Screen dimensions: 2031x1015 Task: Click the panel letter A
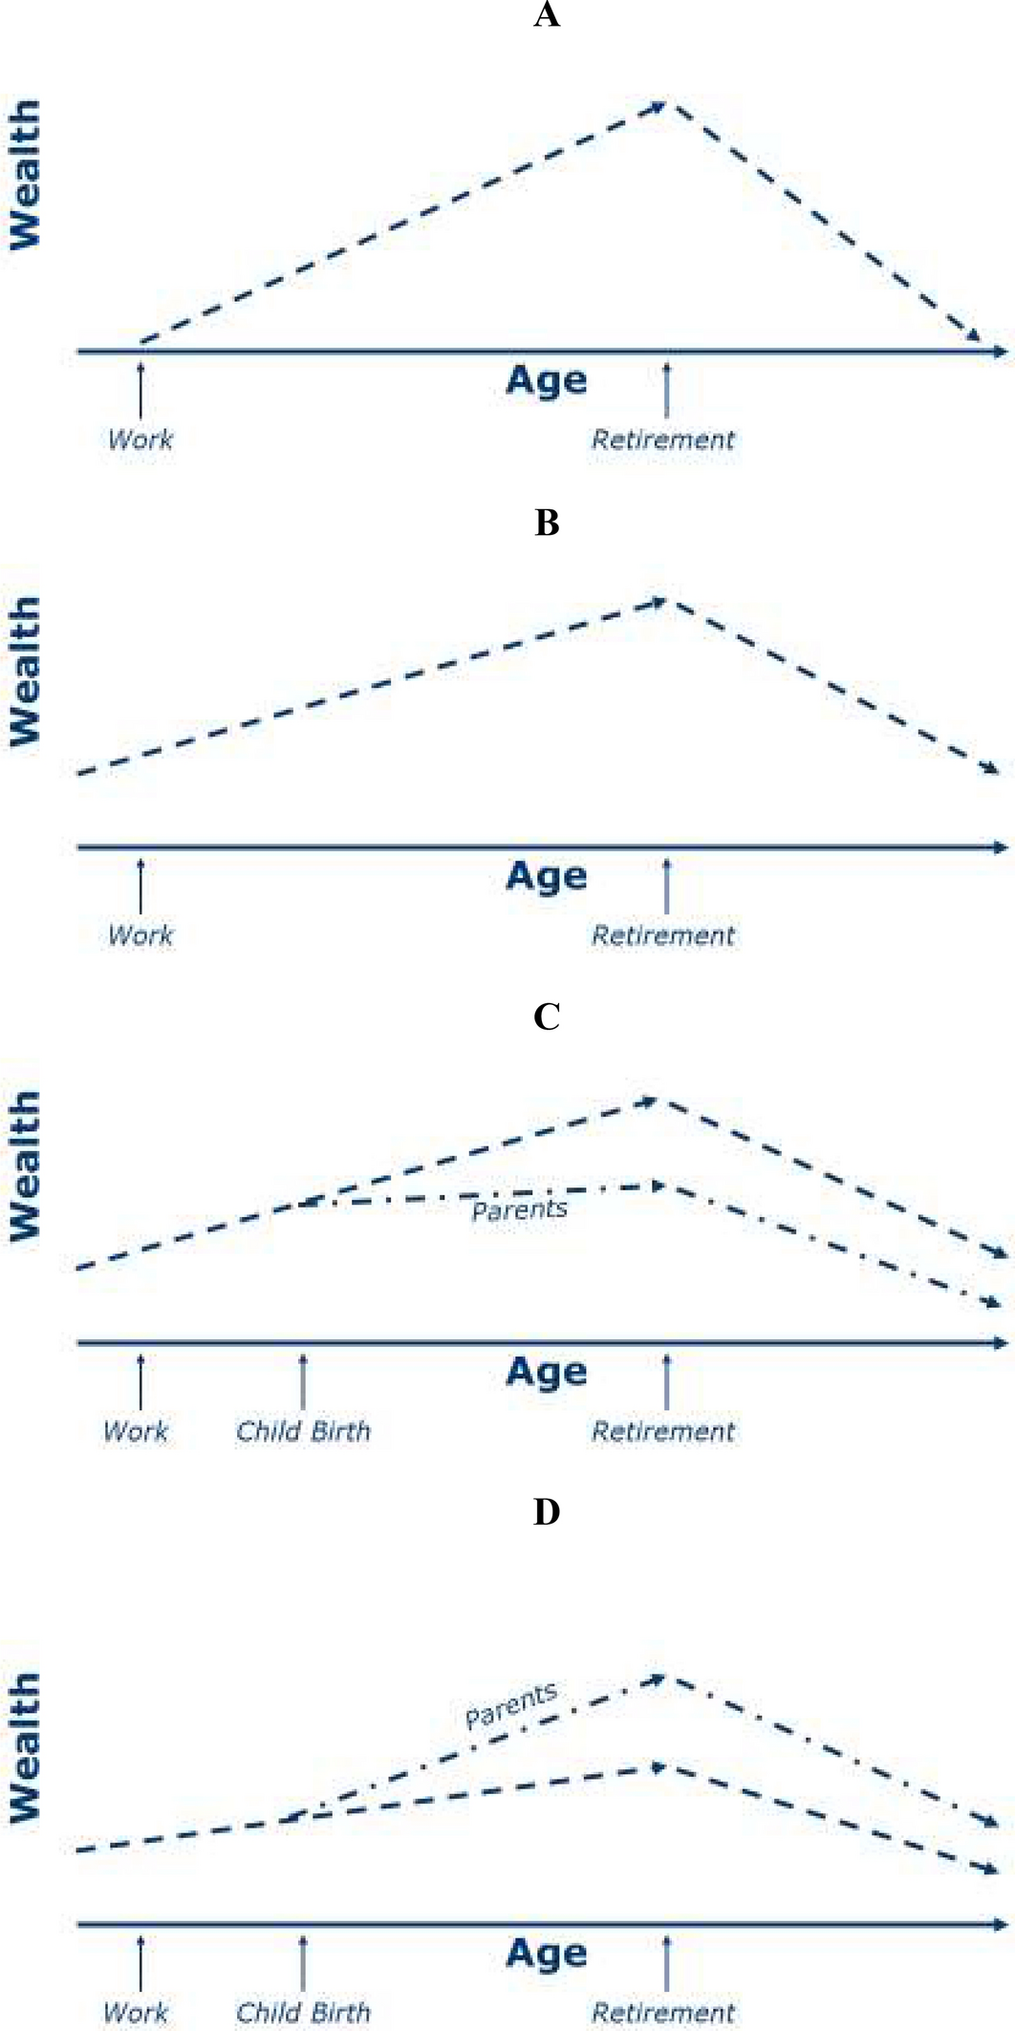pyautogui.click(x=546, y=15)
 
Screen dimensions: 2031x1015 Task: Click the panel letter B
pyautogui.click(x=546, y=523)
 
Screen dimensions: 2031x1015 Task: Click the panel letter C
pyautogui.click(x=546, y=1017)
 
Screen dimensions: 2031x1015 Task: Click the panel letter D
pyautogui.click(x=546, y=1512)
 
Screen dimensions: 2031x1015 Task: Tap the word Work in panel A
pyautogui.click(x=140, y=439)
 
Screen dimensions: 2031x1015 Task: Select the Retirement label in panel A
pyautogui.click(x=663, y=439)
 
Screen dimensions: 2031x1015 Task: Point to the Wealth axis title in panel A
pyautogui.click(x=25, y=175)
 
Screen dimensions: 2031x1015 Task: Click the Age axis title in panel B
pyautogui.click(x=546, y=875)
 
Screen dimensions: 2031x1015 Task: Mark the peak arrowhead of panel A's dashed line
pyautogui.click(x=659, y=106)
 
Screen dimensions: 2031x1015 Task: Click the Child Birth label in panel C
pyautogui.click(x=303, y=1431)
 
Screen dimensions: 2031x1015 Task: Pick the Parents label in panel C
pyautogui.click(x=519, y=1209)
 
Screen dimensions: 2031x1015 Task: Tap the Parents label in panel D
pyautogui.click(x=510, y=1705)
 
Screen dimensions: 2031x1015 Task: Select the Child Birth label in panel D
pyautogui.click(x=303, y=2012)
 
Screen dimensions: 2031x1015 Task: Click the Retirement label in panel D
pyautogui.click(x=663, y=2012)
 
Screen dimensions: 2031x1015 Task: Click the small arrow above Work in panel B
pyautogui.click(x=140, y=886)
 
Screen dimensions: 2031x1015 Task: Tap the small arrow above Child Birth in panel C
pyautogui.click(x=303, y=1381)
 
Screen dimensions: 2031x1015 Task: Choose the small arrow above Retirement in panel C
pyautogui.click(x=666, y=1381)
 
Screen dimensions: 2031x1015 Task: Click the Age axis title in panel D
pyautogui.click(x=546, y=1953)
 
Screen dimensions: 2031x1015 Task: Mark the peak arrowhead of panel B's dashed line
pyautogui.click(x=658, y=602)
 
